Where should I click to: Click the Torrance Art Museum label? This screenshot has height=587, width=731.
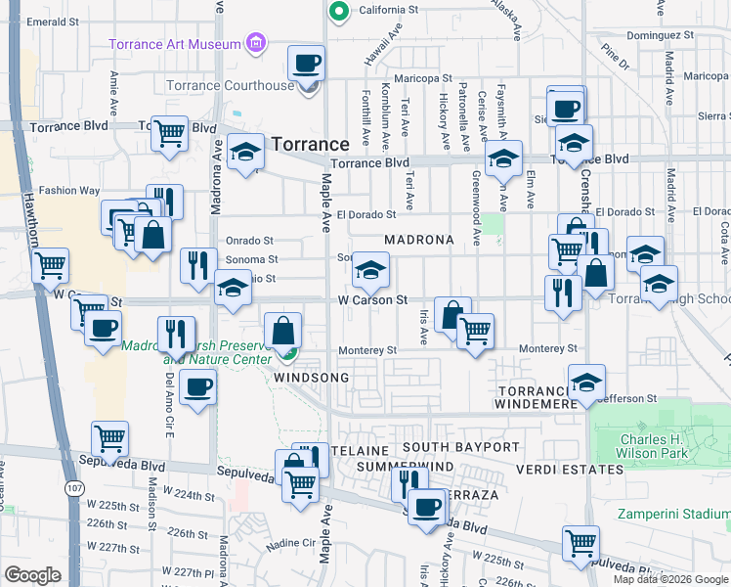(175, 44)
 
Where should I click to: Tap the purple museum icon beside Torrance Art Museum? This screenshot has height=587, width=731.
(256, 43)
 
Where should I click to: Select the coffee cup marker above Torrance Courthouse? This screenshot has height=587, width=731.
(307, 65)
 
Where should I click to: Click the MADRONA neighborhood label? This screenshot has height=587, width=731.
(419, 240)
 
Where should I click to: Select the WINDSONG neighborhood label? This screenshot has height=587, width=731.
(312, 377)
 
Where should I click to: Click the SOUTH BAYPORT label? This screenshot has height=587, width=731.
(461, 447)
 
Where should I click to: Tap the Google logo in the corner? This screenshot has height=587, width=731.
(32, 575)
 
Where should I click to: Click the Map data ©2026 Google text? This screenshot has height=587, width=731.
(669, 579)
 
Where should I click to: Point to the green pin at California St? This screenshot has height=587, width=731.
(339, 12)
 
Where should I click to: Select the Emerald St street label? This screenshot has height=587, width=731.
(46, 21)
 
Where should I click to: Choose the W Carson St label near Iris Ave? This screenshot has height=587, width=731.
(372, 300)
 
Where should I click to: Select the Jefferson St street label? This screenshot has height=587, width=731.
(631, 398)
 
